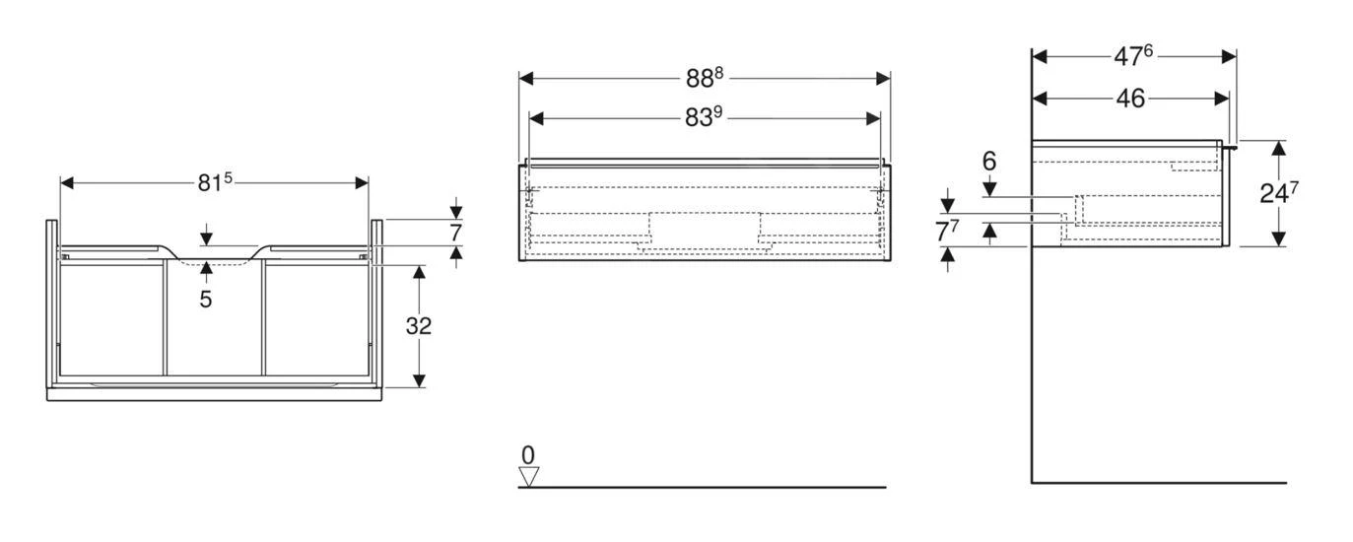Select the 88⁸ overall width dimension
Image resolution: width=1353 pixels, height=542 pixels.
705,79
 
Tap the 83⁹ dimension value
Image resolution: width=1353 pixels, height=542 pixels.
705,117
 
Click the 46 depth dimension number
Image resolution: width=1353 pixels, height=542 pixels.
1129,98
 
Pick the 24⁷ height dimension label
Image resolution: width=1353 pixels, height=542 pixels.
1272,193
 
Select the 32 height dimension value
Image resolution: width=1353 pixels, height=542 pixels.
419,326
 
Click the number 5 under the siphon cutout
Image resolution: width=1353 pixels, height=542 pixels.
205,299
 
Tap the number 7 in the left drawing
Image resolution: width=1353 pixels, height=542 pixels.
454,233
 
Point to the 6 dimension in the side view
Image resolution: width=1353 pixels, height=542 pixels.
989,161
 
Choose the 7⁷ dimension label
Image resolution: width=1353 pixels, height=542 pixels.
947,233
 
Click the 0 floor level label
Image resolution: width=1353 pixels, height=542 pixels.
528,455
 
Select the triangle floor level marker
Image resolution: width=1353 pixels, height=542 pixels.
529,477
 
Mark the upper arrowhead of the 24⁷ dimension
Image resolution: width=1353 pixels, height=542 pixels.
1278,148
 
